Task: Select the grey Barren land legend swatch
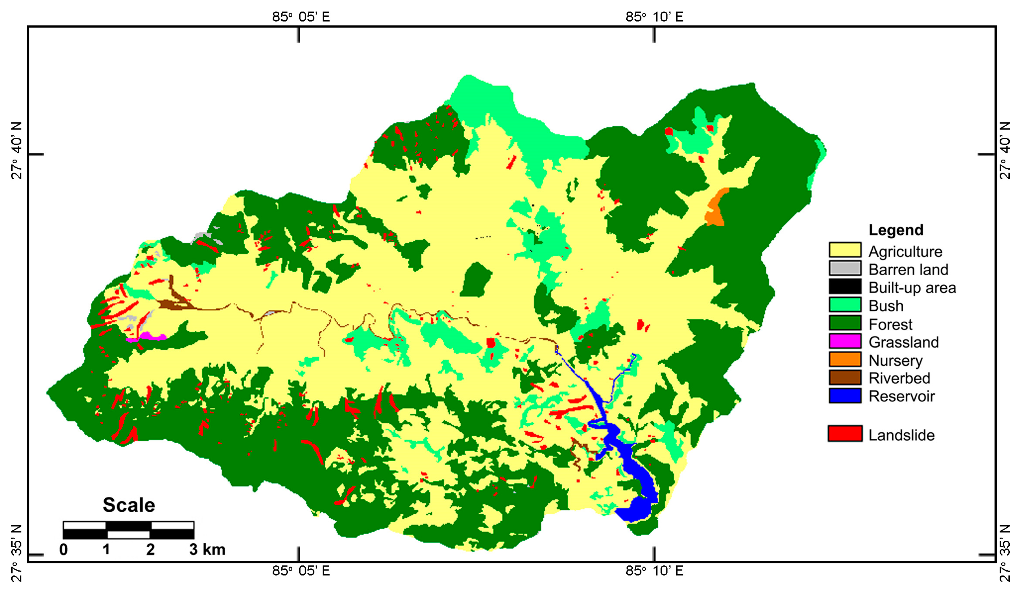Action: coord(845,268)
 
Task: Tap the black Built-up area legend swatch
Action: coord(845,287)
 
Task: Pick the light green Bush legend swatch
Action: coord(845,305)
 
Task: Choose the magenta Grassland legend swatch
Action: coord(845,341)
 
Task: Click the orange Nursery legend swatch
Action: coord(845,359)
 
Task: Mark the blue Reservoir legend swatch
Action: coord(845,396)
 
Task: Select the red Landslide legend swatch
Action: coord(845,434)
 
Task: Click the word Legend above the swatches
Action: coord(896,230)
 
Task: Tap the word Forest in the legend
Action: coord(890,324)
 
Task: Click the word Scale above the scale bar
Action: coord(128,505)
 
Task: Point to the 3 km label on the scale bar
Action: coord(207,549)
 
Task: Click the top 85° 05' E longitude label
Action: coord(301,17)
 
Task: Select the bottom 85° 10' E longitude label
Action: coord(654,571)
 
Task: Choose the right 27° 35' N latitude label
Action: coord(1005,553)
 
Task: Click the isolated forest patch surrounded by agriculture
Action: coord(475,279)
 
